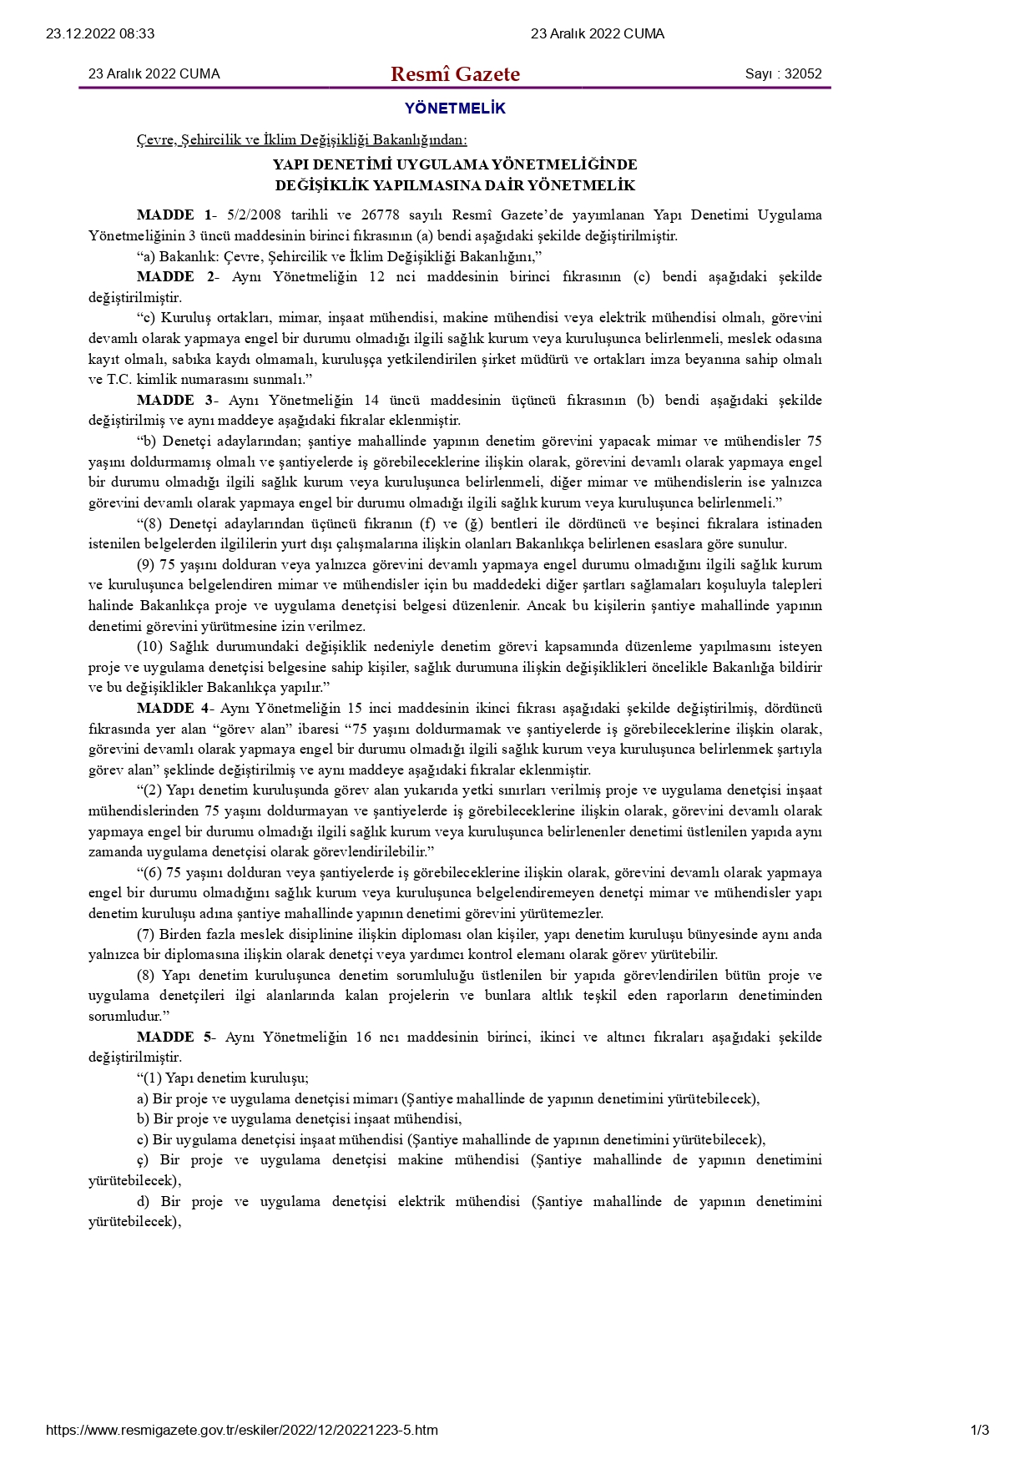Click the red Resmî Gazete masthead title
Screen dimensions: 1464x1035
click(x=455, y=74)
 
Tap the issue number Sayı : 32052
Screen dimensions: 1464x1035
click(x=783, y=74)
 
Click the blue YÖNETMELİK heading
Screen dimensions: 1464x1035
click(x=455, y=109)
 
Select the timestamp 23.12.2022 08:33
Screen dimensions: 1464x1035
click(x=100, y=34)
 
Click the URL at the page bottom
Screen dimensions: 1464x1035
click(x=242, y=1430)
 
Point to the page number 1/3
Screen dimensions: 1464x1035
click(x=980, y=1430)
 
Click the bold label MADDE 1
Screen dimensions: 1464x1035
click(x=174, y=215)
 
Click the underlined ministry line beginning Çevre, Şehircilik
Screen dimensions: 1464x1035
click(x=302, y=140)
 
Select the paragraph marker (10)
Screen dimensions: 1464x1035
click(x=150, y=647)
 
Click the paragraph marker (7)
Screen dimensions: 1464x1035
click(x=146, y=935)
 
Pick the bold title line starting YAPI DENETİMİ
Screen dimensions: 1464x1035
click(x=455, y=165)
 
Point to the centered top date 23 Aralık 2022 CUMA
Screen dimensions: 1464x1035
click(x=598, y=34)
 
